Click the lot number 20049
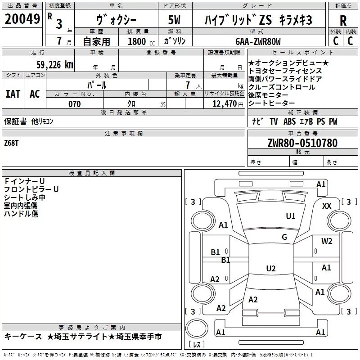[x=22, y=20]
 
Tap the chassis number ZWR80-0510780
[x=302, y=144]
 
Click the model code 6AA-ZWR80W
[x=258, y=42]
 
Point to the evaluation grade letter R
[x=343, y=20]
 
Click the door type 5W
[x=174, y=21]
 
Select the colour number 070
[x=74, y=104]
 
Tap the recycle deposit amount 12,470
[x=224, y=104]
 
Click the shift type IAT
[x=13, y=94]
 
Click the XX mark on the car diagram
[x=327, y=206]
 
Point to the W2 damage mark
[x=327, y=241]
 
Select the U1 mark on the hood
[x=291, y=216]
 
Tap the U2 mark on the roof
[x=270, y=269]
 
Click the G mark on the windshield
[x=284, y=237]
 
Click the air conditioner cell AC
[x=35, y=94]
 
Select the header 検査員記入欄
[x=92, y=173]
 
